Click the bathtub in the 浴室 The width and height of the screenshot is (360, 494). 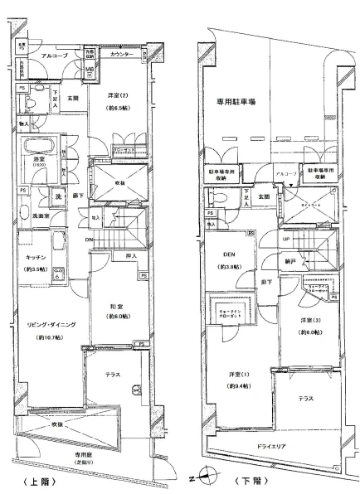click(x=40, y=149)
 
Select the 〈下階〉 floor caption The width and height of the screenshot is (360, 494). click(x=251, y=480)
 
